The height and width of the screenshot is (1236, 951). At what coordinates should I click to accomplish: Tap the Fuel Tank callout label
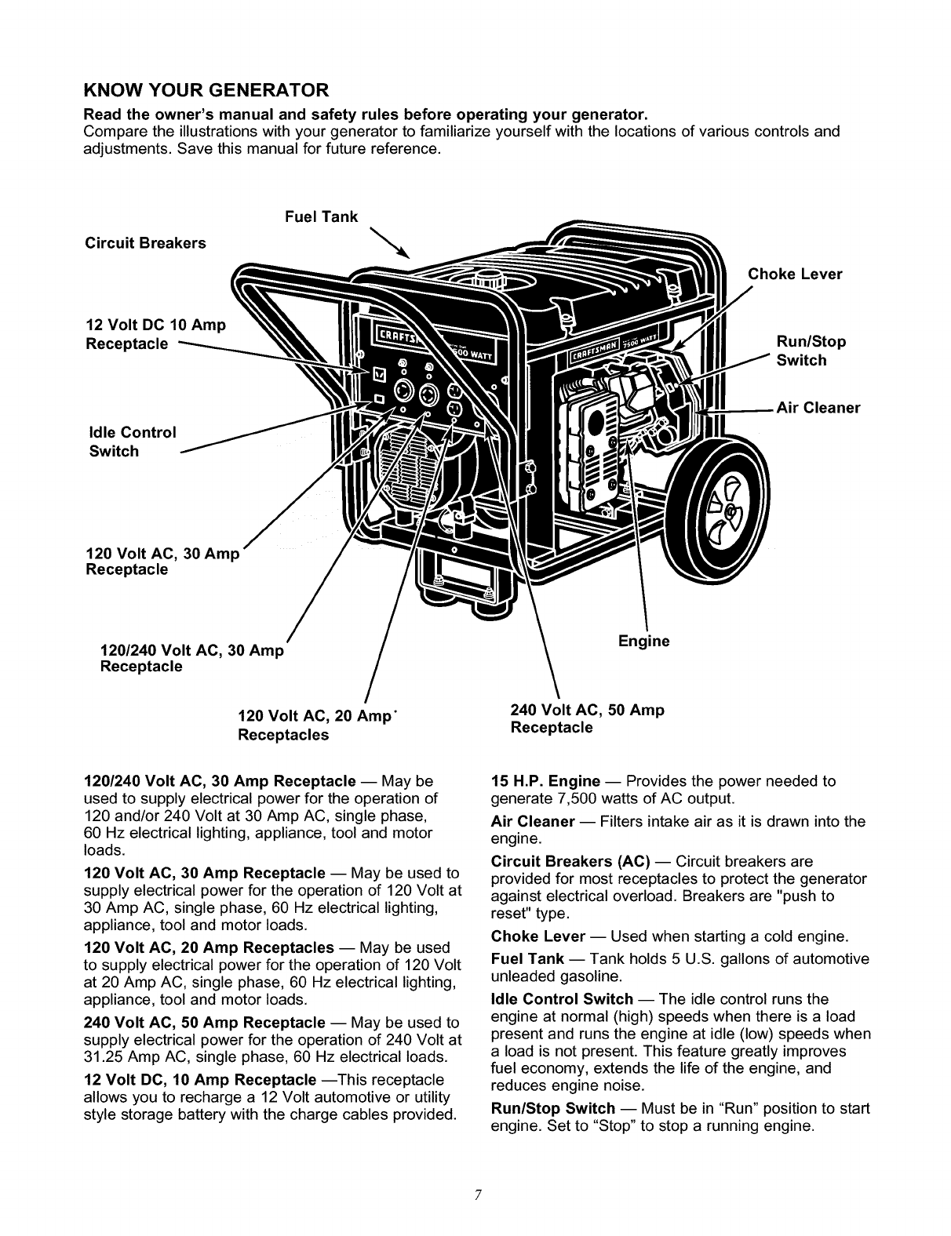click(x=321, y=216)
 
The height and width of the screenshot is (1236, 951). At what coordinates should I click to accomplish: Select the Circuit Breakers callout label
click(x=145, y=243)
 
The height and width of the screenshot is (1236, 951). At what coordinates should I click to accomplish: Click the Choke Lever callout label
click(x=795, y=274)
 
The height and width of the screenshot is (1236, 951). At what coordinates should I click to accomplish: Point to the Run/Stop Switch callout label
click(x=811, y=351)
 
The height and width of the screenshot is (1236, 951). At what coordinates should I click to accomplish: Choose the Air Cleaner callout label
click(x=818, y=408)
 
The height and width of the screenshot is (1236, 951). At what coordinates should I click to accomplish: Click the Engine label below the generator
click(x=643, y=642)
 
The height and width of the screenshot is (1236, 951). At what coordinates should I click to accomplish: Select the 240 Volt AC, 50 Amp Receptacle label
click(x=587, y=718)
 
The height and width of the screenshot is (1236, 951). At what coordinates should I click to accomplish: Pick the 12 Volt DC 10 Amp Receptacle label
click(x=155, y=334)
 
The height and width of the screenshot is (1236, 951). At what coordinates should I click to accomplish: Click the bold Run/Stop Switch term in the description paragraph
click(x=552, y=1109)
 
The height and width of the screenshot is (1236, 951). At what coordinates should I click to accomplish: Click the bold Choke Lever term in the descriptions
click(x=537, y=936)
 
